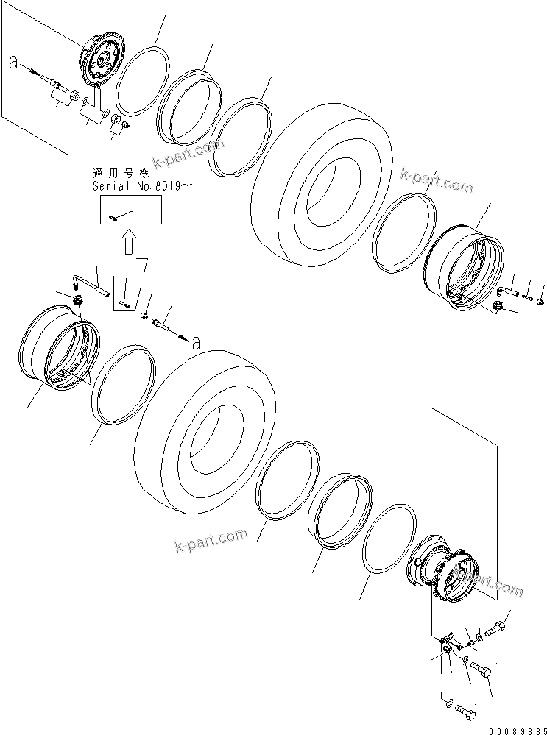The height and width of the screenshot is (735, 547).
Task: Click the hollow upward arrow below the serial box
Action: point(130,241)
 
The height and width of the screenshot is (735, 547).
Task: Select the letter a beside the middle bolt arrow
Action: point(194,341)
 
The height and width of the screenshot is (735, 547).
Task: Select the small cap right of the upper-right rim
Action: point(541,300)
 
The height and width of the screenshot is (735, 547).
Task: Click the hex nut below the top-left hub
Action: point(125,126)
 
